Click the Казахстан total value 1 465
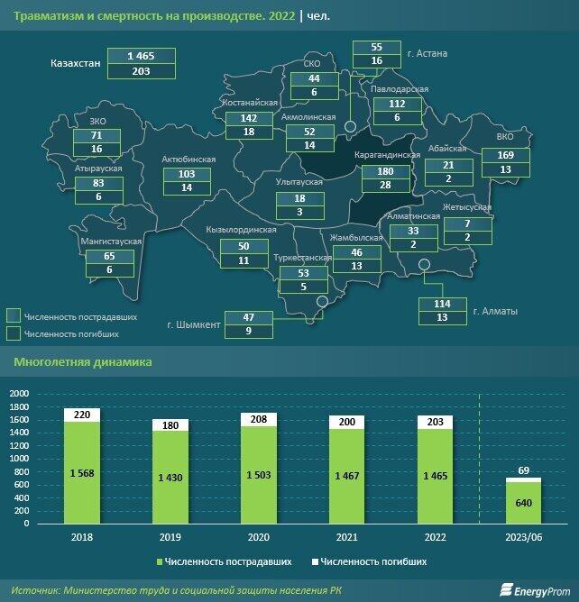[x=140, y=56]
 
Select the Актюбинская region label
[x=188, y=159]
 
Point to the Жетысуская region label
[x=467, y=207]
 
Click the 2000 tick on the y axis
[x=19, y=394]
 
